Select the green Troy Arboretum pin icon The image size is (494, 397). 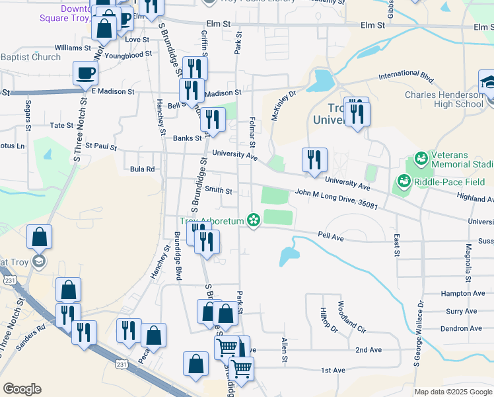coord(253,220)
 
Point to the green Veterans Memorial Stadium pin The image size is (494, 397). coord(420,159)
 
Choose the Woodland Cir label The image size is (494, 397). coord(351,316)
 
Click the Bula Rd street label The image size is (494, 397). coord(142,169)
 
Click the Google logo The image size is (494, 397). coord(22,389)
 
